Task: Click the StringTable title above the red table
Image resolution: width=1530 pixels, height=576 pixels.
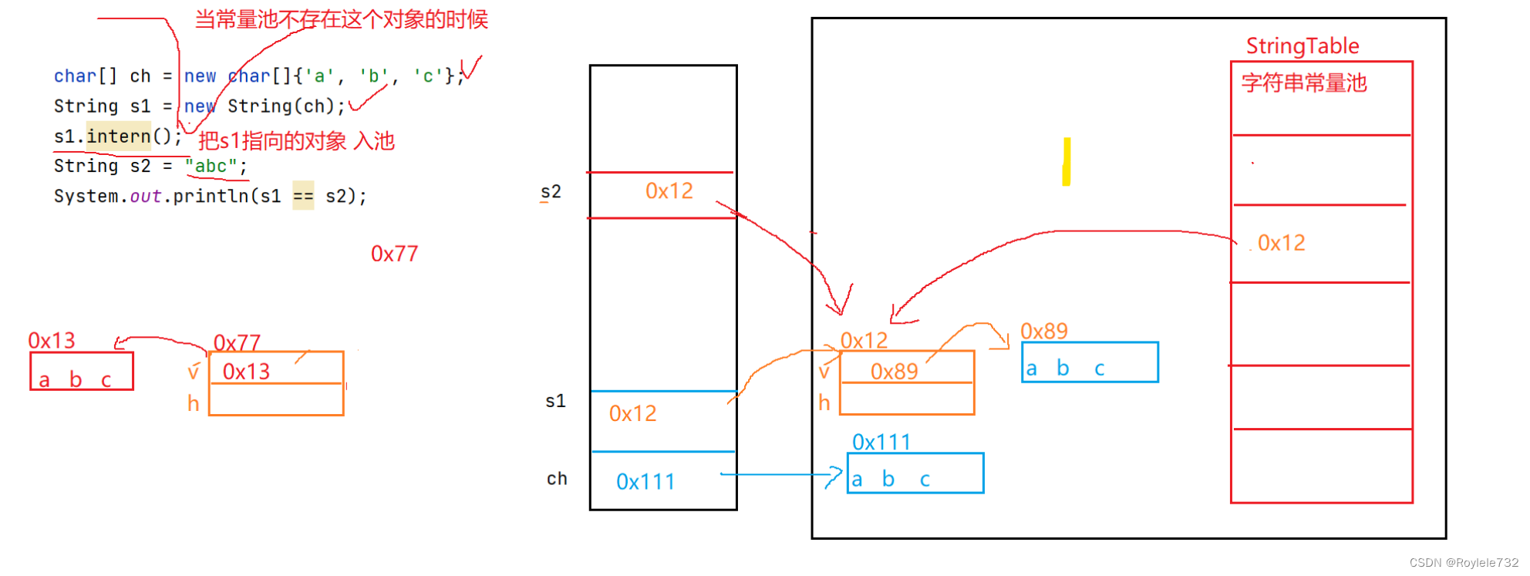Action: pos(1303,46)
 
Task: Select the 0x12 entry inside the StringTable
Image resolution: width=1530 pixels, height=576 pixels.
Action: pos(1281,244)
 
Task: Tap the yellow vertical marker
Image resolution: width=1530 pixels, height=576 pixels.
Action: pos(1067,161)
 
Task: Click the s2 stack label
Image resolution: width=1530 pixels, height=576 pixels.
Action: pos(551,192)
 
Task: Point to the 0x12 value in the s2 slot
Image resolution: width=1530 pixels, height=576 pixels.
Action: pos(669,191)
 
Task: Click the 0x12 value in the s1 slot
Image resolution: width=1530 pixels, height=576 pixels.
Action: pos(632,414)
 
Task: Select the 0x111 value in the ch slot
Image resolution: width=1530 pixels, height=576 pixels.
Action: pos(645,482)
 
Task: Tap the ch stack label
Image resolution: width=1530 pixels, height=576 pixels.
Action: pos(557,479)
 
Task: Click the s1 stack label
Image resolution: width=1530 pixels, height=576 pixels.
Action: pos(555,401)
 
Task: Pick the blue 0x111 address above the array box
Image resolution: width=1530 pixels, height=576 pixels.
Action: pos(881,443)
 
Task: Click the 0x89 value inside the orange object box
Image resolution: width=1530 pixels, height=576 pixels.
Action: pos(894,372)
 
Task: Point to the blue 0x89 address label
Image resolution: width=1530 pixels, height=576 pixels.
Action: pos(1043,332)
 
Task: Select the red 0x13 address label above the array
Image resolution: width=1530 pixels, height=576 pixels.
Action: pos(52,341)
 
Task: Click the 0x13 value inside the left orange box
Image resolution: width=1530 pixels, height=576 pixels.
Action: pos(246,372)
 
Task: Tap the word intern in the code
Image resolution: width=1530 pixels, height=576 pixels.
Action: pos(118,136)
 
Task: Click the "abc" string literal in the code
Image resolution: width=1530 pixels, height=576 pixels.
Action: pos(211,167)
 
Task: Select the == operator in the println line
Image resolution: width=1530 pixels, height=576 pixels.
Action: pos(303,197)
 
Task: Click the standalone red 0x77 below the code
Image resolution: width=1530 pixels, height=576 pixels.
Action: pos(394,254)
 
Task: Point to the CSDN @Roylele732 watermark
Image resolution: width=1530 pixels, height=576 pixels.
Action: pos(1464,563)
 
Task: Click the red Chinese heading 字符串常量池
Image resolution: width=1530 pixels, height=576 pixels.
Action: pos(1304,83)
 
